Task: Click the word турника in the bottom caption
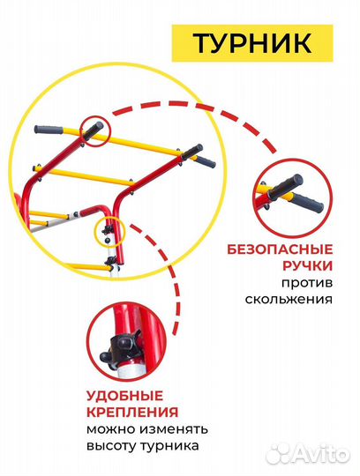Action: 174,447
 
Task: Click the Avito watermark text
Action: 321,453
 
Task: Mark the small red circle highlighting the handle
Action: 95,130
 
